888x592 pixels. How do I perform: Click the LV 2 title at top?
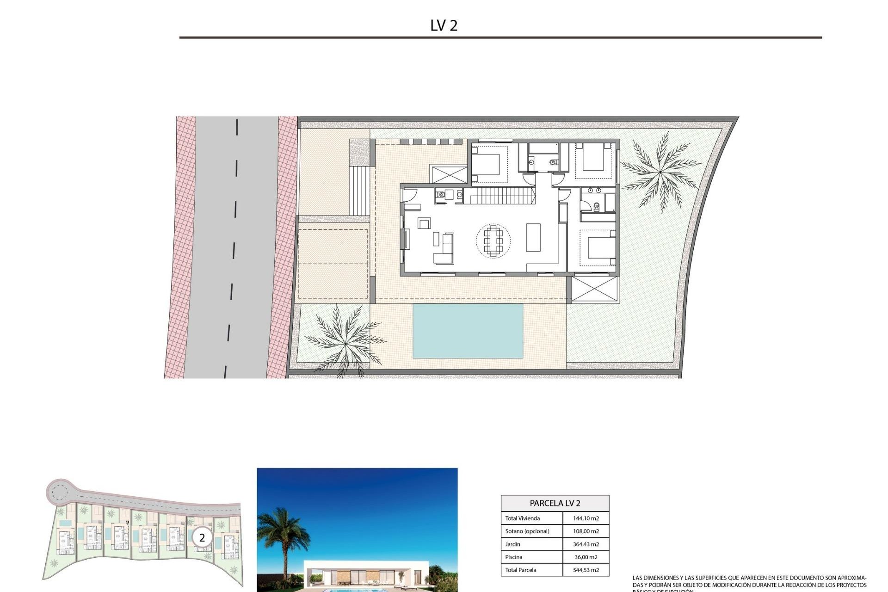pyautogui.click(x=444, y=25)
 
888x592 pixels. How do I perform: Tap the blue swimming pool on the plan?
pyautogui.click(x=468, y=331)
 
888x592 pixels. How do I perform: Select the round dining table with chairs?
pyautogui.click(x=493, y=240)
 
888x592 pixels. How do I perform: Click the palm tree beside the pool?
pyautogui.click(x=345, y=340)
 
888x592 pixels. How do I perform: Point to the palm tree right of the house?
pyautogui.click(x=660, y=172)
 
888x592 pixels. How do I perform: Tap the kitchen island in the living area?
pyautogui.click(x=533, y=237)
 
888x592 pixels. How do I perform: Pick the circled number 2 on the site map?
pyautogui.click(x=202, y=538)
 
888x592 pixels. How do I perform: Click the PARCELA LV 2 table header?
pyautogui.click(x=555, y=503)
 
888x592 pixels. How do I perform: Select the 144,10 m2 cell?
pyautogui.click(x=586, y=518)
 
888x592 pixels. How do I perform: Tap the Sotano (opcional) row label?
pyautogui.click(x=527, y=531)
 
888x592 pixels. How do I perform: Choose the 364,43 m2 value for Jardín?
pyautogui.click(x=586, y=544)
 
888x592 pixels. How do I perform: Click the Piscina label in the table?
pyautogui.click(x=513, y=557)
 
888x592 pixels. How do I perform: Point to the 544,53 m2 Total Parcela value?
pyautogui.click(x=586, y=570)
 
